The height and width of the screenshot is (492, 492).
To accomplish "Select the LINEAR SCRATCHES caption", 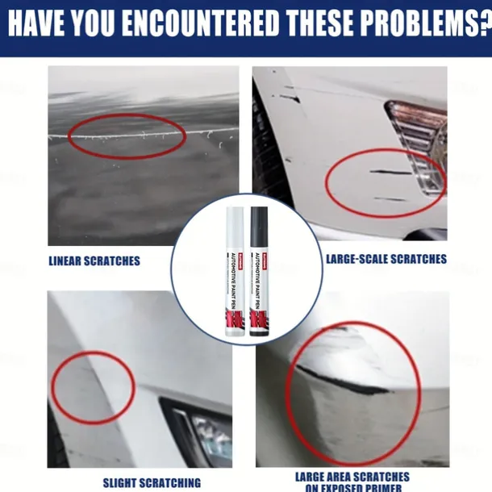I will [94, 261].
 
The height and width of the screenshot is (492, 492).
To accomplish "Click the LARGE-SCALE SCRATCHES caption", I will [386, 259].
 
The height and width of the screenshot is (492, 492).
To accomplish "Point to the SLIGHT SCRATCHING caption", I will [152, 482].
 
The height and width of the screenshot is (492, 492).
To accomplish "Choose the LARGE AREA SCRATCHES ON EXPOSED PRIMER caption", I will [352, 482].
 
